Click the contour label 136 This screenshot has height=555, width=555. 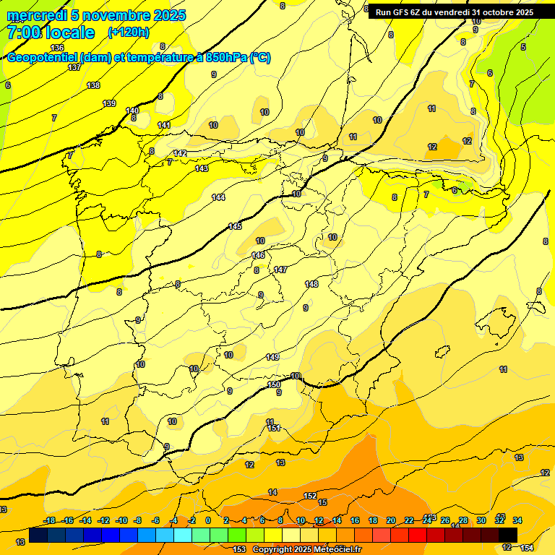(x=58, y=48)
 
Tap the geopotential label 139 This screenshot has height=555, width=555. (x=109, y=103)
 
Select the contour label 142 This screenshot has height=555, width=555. (x=180, y=153)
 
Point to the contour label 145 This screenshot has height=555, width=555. (x=235, y=226)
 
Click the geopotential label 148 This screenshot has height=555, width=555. (x=311, y=284)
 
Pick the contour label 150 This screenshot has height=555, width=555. (x=274, y=384)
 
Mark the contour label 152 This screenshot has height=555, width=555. (x=310, y=496)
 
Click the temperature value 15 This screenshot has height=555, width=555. (x=322, y=502)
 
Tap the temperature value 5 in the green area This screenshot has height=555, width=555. (x=523, y=48)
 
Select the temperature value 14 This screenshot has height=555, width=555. (x=272, y=492)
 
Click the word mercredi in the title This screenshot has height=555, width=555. (x=38, y=15)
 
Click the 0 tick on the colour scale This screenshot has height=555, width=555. (x=208, y=520)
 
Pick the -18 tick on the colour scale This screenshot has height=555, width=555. (x=50, y=520)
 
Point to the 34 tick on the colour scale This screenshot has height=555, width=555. (x=517, y=520)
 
